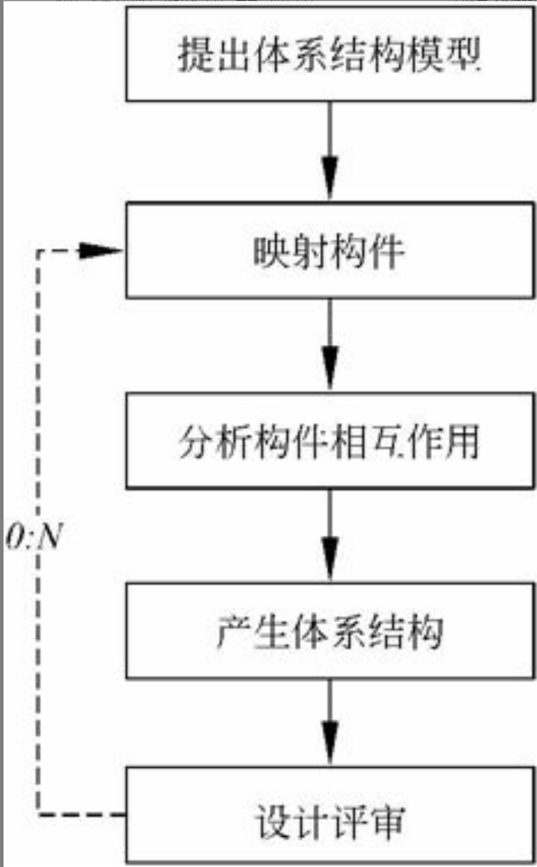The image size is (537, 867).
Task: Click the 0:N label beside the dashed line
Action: (35, 538)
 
